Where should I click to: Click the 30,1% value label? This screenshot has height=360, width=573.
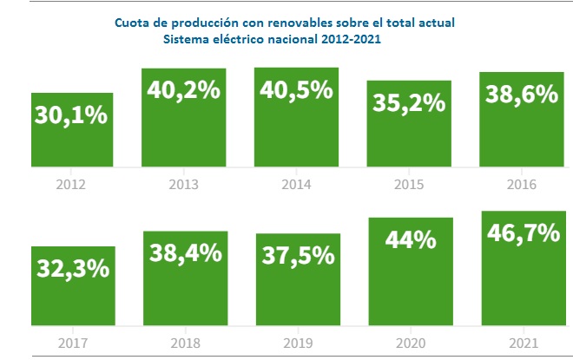(72, 116)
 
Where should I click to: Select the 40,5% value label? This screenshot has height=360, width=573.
(297, 91)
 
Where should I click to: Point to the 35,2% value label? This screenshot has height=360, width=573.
(409, 103)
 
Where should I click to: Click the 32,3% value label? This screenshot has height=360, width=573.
(73, 268)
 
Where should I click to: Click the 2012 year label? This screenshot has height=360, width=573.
(73, 184)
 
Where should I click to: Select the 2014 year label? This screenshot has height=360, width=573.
(297, 184)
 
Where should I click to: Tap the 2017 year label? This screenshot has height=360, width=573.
(73, 342)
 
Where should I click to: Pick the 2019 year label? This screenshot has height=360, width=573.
(297, 342)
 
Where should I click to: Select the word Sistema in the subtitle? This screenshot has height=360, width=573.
(187, 39)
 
